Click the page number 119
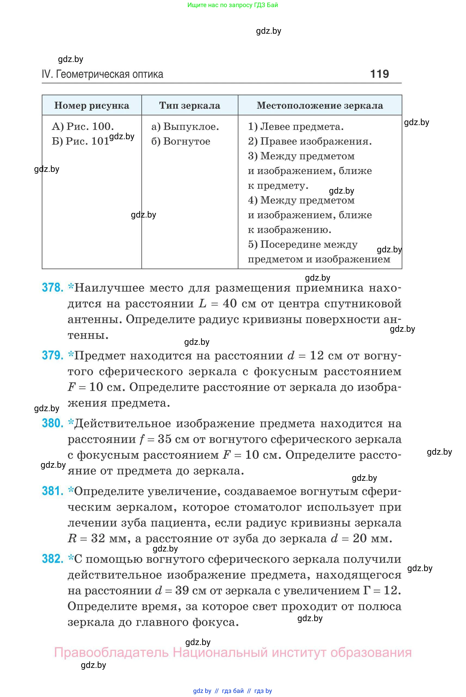coord(379,74)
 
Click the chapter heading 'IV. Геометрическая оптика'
coord(103,74)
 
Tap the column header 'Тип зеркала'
coord(190,106)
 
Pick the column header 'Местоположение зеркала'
coord(320,106)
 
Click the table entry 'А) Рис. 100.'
coord(83,126)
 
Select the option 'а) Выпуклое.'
coord(185,126)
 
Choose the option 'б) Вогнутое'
coord(181,141)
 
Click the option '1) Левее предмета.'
coord(296,126)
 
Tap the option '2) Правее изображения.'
coord(310,141)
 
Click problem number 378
coord(53,288)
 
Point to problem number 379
coord(53,355)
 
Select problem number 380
coord(53,423)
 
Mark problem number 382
coord(53,559)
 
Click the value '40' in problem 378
coord(230,303)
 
